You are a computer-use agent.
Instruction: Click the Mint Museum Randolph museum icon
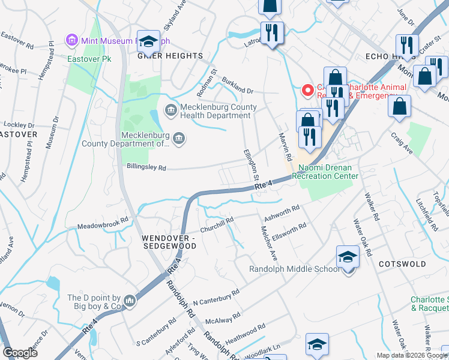(72, 40)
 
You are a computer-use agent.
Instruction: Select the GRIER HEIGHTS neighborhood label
(170, 56)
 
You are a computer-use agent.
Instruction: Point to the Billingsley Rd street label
(137, 168)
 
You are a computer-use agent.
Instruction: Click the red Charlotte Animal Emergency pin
(307, 91)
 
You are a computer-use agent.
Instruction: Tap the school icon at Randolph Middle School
(348, 257)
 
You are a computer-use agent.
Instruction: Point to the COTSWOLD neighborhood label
(402, 264)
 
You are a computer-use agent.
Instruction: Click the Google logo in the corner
(20, 353)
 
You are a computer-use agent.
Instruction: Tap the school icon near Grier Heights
(148, 41)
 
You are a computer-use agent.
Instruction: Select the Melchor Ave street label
(267, 242)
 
